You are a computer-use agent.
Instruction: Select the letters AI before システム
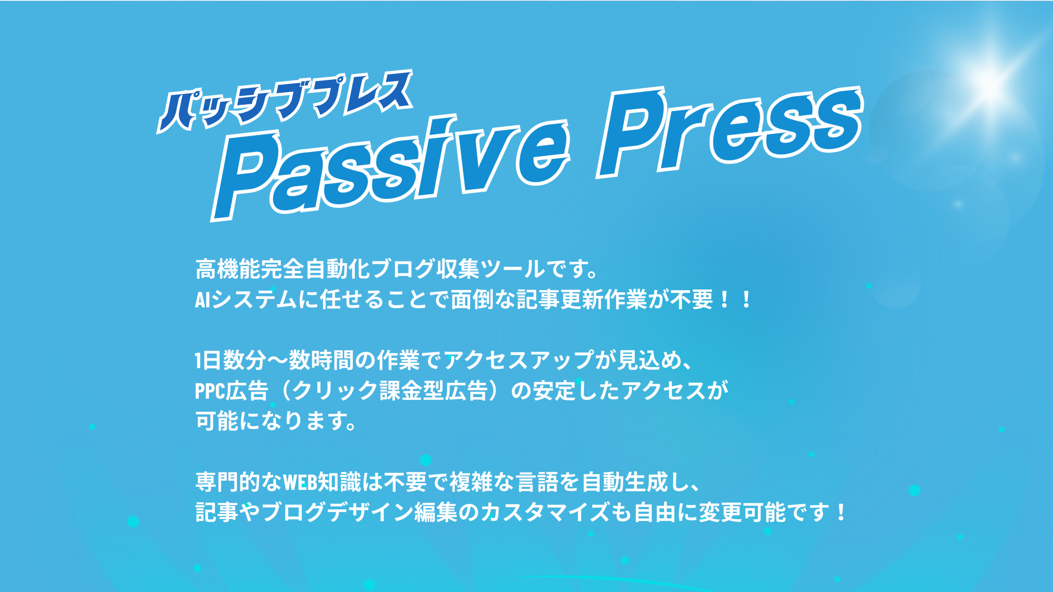pos(203,300)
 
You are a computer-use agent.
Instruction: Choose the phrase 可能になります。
pos(276,421)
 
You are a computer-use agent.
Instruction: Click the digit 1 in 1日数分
pos(199,361)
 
